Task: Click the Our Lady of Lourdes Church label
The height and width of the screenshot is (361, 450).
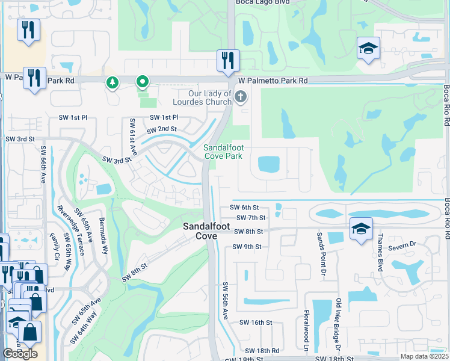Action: coord(202,97)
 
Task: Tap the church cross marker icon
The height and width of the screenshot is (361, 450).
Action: coord(241,97)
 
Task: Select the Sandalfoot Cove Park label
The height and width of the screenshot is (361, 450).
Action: coord(223,152)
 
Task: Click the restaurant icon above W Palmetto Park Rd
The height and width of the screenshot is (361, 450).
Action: coord(228,61)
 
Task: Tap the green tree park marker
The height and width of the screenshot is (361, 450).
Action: coord(112,82)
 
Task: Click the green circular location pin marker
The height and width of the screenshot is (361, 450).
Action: coord(143,81)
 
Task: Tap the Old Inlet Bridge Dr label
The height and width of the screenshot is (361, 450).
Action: coord(339,325)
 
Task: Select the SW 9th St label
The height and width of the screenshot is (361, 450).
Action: coord(248,247)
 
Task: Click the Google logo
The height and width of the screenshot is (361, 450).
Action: coord(20,354)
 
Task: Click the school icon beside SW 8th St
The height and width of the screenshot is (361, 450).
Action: coord(361,229)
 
